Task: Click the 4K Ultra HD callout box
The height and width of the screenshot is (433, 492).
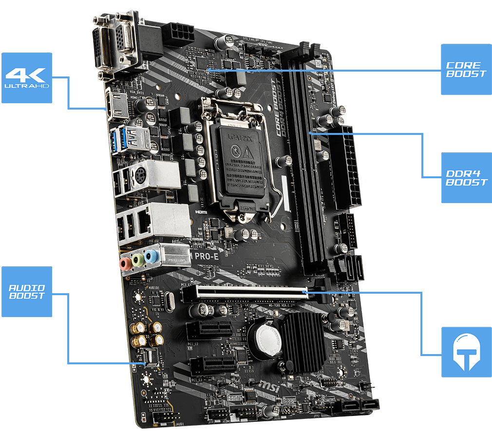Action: point(27,77)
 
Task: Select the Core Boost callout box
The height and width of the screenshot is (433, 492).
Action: point(466,69)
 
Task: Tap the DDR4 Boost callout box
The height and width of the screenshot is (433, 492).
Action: point(466,178)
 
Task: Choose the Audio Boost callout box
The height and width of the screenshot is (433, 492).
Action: point(27,291)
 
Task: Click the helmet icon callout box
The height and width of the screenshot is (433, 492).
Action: point(466,352)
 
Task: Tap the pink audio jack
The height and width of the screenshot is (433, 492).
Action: point(126,264)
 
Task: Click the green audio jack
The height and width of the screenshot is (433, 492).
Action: point(139,260)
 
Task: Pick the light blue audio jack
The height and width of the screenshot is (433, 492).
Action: point(152,256)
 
